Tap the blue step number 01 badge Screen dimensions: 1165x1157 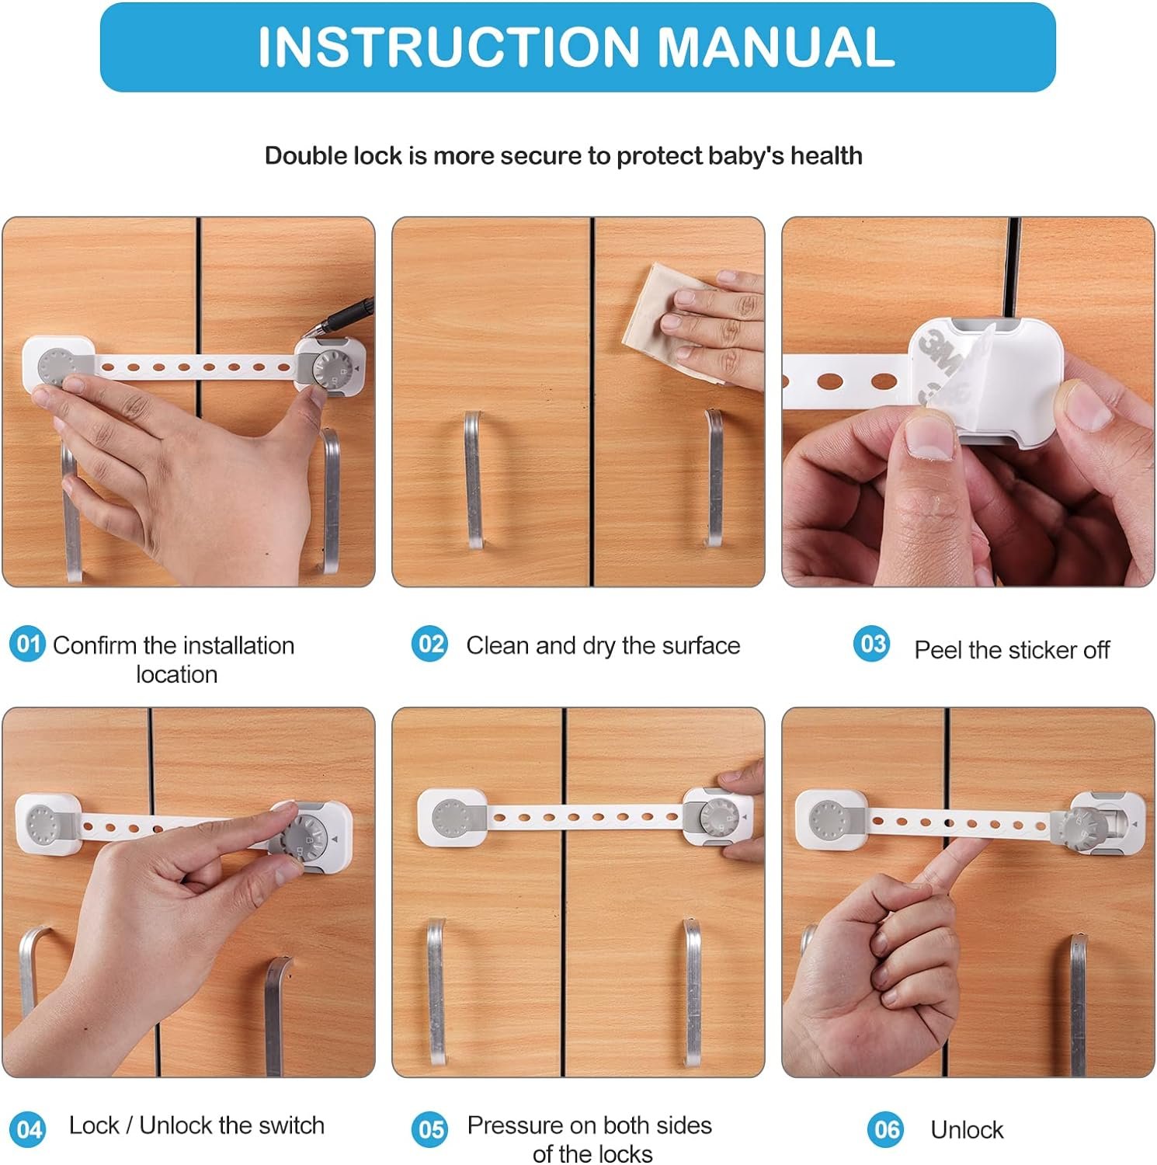[27, 644]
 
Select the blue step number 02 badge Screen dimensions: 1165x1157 [429, 644]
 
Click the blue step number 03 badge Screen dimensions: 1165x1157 [872, 644]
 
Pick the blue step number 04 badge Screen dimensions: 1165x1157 [27, 1128]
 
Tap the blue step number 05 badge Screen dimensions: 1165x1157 [429, 1128]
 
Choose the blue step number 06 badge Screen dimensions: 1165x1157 [886, 1128]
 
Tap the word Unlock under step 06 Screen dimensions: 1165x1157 [967, 1129]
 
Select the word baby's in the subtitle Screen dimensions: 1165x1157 [745, 155]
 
